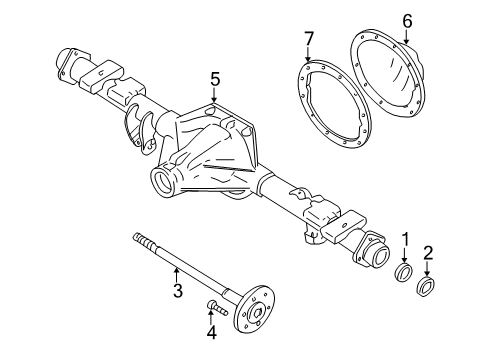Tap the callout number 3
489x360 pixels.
point(177,291)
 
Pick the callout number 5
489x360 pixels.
point(214,77)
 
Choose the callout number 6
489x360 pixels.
point(406,20)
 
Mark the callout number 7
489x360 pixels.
point(309,38)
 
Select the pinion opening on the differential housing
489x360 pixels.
point(162,181)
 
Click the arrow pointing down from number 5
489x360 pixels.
point(214,96)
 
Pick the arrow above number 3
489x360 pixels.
point(177,272)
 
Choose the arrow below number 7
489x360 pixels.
point(309,58)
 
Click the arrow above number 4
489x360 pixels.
point(211,316)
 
